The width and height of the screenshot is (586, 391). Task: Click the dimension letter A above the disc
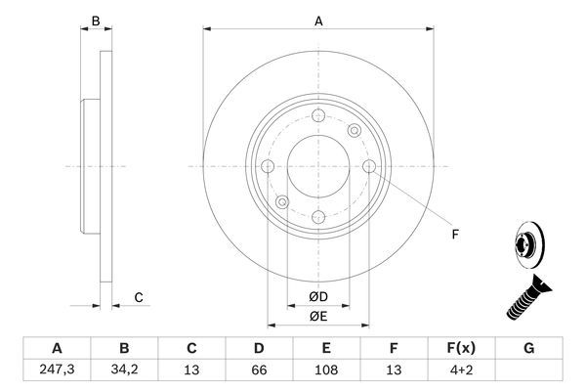click(318, 20)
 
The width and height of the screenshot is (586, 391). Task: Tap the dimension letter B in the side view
click(95, 20)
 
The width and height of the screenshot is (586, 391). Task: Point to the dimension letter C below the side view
click(139, 297)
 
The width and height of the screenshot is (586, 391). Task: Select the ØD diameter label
click(318, 295)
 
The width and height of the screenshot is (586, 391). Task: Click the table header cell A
click(56, 347)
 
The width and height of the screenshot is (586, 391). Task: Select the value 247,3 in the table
click(56, 370)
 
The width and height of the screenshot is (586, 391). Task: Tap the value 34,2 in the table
click(124, 370)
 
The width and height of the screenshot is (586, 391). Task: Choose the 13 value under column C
click(191, 370)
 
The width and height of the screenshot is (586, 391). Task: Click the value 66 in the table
click(259, 370)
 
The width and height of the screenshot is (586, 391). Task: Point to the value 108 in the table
click(327, 370)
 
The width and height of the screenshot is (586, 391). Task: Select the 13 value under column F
click(395, 370)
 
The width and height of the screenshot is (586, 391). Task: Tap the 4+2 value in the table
click(462, 370)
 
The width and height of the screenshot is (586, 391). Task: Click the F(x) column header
click(462, 347)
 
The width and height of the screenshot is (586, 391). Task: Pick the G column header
click(529, 347)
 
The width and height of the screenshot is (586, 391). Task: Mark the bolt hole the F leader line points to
click(368, 166)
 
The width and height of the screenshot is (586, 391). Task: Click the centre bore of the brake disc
click(318, 166)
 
